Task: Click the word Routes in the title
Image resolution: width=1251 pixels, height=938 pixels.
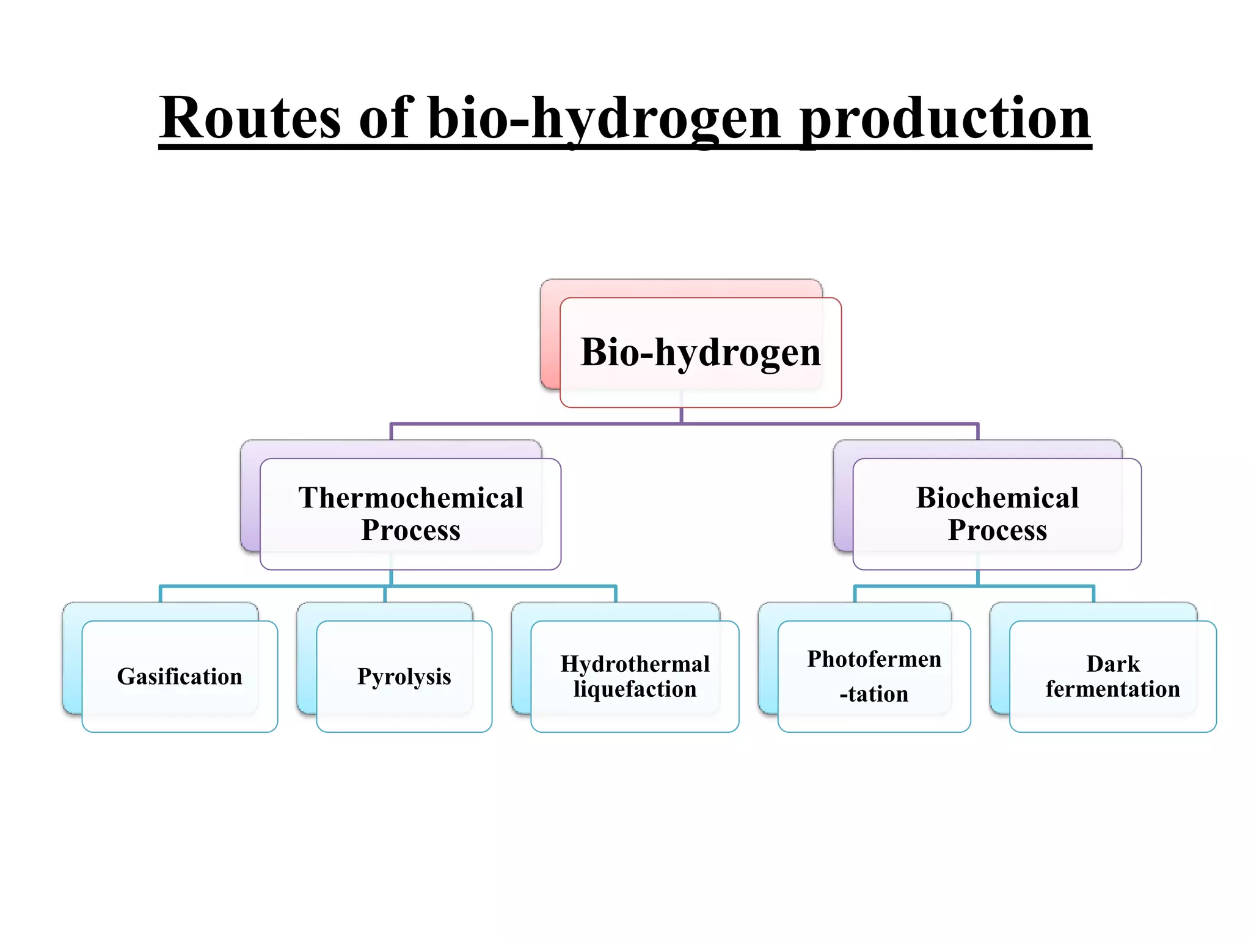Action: click(249, 118)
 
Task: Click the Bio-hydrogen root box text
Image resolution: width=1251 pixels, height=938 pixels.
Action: click(700, 352)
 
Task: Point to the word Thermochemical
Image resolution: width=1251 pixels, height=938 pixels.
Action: click(410, 498)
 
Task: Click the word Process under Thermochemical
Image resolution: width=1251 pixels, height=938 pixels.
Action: click(410, 530)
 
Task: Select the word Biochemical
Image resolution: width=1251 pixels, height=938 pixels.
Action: click(997, 498)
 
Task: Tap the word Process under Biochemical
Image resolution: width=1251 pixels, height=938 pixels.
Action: click(997, 530)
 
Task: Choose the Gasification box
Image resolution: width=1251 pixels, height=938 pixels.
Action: click(180, 677)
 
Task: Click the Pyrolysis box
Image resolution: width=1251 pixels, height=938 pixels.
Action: click(404, 677)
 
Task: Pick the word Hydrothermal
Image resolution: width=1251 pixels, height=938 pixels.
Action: click(635, 664)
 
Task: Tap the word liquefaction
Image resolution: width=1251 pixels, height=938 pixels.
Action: click(635, 689)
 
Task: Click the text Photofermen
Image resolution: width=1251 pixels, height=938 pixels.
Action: click(874, 660)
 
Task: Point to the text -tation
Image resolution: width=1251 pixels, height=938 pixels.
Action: click(874, 694)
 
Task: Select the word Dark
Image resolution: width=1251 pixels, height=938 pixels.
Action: click(1112, 664)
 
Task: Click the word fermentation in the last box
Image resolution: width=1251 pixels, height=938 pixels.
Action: click(1112, 689)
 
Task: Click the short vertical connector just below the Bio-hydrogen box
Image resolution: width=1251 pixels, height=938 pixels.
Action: click(681, 415)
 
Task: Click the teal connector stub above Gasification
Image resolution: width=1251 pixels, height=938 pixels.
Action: click(160, 594)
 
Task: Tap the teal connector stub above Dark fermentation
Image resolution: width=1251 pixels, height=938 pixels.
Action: click(1093, 594)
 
